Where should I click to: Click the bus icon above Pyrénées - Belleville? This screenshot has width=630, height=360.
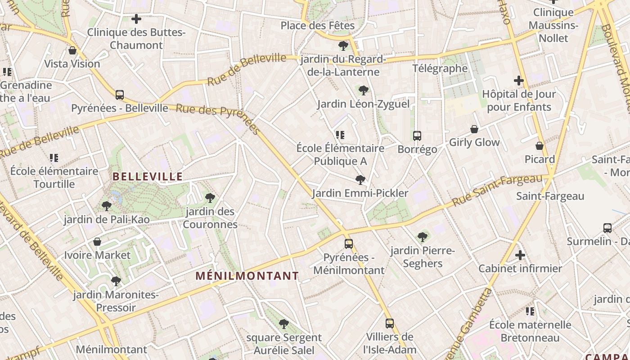click(120, 95)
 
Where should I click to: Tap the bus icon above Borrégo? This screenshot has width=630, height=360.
click(417, 135)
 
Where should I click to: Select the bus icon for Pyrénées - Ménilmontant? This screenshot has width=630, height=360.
click(349, 244)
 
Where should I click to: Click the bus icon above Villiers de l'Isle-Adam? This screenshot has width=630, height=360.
click(390, 323)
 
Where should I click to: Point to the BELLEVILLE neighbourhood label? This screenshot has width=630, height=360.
click(148, 176)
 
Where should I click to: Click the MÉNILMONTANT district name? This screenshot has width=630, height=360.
click(247, 276)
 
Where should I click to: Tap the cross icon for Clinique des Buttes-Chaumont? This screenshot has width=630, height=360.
click(136, 19)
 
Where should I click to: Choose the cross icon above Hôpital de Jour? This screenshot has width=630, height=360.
click(519, 81)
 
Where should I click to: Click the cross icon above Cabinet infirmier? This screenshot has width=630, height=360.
click(520, 255)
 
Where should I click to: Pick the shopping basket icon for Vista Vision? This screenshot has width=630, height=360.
click(72, 50)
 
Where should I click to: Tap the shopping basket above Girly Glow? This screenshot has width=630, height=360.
click(474, 130)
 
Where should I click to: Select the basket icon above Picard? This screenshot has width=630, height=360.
click(540, 146)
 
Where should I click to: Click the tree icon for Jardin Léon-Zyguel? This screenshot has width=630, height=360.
click(364, 90)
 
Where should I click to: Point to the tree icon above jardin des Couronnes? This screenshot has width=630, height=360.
click(210, 198)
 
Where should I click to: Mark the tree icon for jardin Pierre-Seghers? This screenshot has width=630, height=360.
click(422, 237)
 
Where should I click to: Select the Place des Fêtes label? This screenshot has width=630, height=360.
click(318, 25)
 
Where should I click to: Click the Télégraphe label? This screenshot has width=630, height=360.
click(440, 68)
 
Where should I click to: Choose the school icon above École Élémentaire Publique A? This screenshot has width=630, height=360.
click(340, 135)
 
